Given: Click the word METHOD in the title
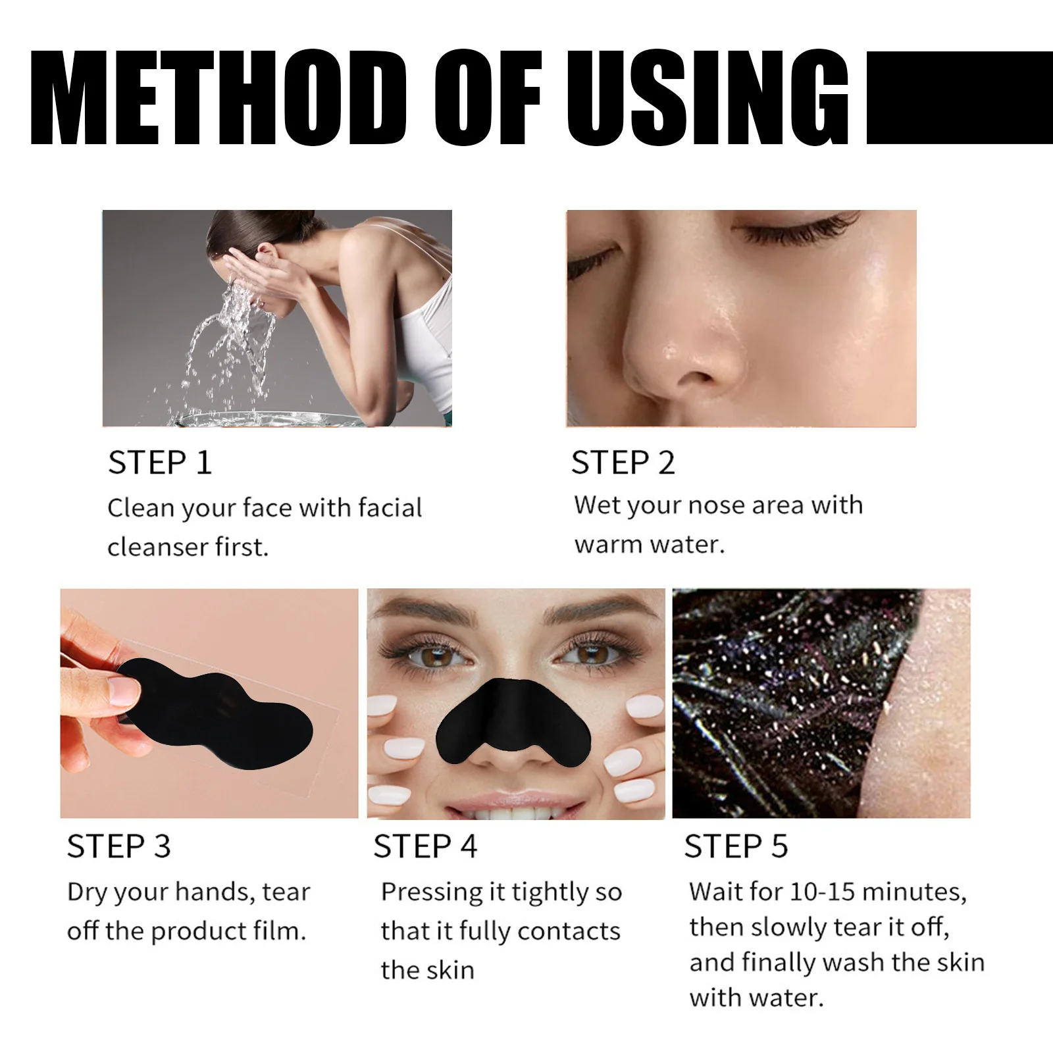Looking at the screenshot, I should [217, 97].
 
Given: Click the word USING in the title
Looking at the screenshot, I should [707, 97].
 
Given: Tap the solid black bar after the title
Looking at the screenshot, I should [959, 97].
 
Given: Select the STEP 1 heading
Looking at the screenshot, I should [160, 463].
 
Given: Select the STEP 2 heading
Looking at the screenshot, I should [623, 463].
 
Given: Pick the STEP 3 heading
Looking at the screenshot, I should [118, 846].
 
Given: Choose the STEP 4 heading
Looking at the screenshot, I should [425, 846].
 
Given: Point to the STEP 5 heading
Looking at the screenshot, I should [736, 846].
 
